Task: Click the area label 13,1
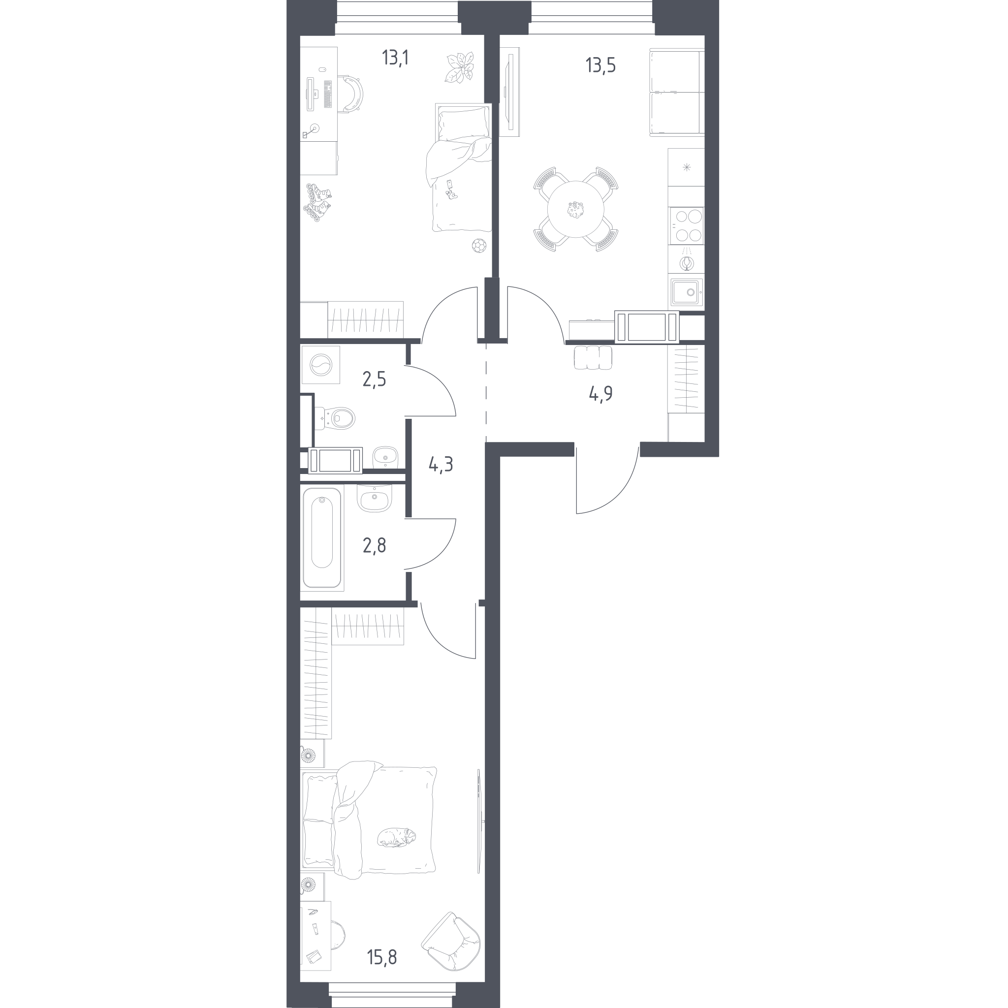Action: [395, 58]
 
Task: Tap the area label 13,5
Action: [600, 66]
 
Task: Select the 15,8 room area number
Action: [382, 957]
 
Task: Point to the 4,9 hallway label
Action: [600, 394]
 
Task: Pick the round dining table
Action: [575, 209]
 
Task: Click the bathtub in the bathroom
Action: [322, 537]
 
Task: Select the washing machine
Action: [320, 365]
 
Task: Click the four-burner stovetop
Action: [686, 226]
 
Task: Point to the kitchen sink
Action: [687, 292]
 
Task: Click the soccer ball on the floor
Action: [478, 245]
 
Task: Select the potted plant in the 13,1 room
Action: [460, 67]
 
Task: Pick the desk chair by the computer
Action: [351, 94]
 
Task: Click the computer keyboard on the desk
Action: [328, 94]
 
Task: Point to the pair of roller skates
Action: [318, 202]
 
